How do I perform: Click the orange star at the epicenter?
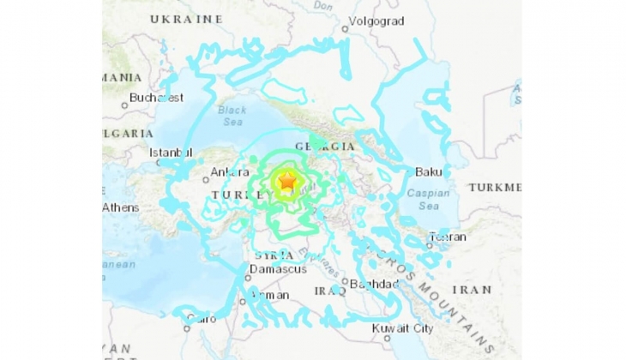tap(287, 182)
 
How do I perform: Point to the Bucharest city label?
tap(156, 98)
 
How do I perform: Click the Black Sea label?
tap(232, 116)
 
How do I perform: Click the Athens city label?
tap(120, 207)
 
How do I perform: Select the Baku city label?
tap(427, 172)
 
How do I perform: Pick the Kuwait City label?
tap(402, 328)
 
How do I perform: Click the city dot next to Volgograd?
tap(345, 28)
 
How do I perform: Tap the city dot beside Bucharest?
tap(125, 105)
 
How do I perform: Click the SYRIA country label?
tap(274, 255)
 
